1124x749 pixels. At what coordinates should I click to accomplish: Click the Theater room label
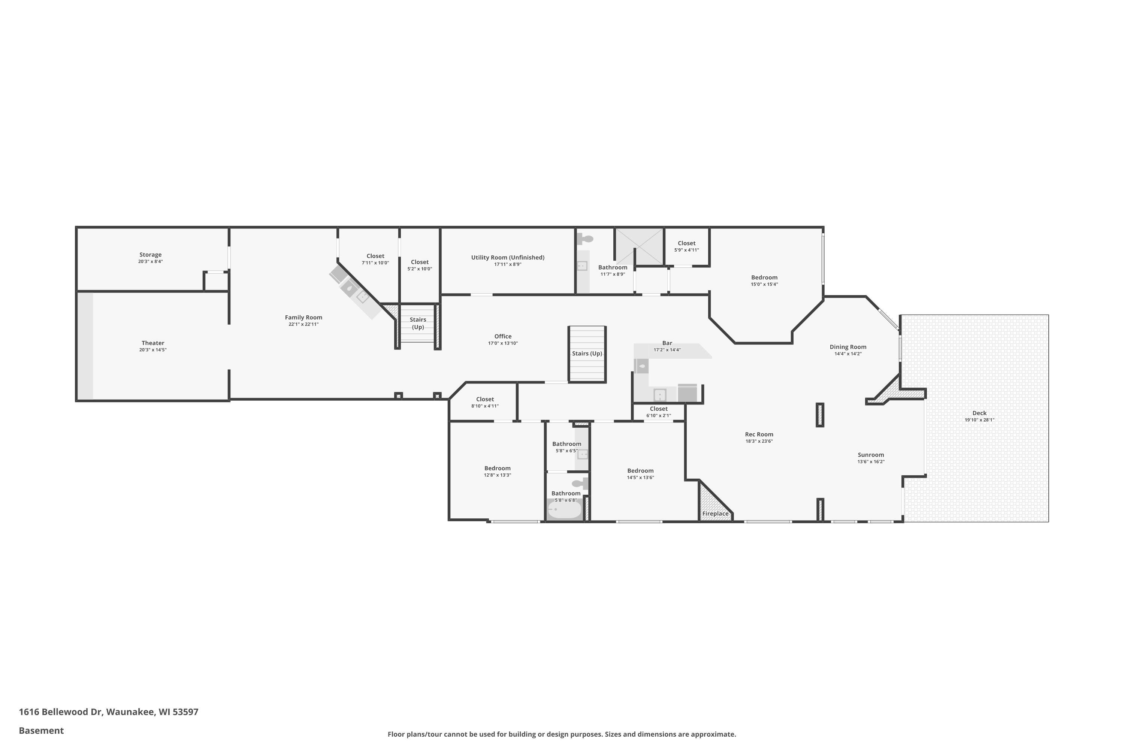[x=153, y=343]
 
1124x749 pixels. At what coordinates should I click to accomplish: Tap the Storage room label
[x=151, y=255]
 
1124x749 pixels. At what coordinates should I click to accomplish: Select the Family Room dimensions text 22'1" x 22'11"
[x=303, y=324]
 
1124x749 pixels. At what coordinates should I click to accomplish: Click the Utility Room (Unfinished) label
[x=508, y=258]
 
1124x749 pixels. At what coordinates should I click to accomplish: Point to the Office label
[x=503, y=336]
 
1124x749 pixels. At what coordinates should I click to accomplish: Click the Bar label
[x=667, y=343]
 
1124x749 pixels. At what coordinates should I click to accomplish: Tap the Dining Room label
[x=848, y=347]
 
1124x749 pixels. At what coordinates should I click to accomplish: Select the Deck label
[x=979, y=413]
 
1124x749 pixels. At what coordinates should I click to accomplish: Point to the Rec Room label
[x=759, y=435]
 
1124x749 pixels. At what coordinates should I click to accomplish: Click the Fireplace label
[x=715, y=514]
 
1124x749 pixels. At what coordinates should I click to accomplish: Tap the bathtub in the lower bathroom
[x=564, y=510]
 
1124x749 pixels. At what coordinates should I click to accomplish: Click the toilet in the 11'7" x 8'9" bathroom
[x=585, y=238]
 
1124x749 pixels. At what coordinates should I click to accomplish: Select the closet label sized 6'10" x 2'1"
[x=659, y=409]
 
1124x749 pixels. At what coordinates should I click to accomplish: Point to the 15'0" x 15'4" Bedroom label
[x=764, y=278]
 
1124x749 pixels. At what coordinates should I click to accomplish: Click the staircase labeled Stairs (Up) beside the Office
[x=587, y=354]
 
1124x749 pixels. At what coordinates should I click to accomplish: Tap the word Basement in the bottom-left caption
[x=41, y=731]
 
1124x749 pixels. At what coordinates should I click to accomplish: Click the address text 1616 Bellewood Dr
[x=60, y=712]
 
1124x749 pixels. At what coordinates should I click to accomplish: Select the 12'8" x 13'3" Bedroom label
[x=498, y=468]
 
